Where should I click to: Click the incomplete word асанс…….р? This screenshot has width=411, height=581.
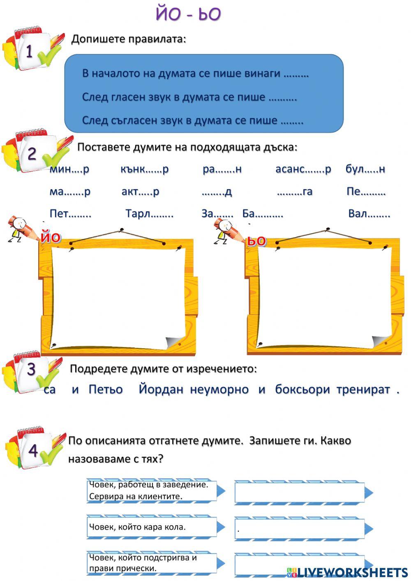[x=303, y=169]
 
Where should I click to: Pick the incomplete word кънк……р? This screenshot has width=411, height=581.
[x=144, y=169]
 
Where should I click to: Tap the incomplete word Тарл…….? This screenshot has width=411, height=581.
[x=149, y=214]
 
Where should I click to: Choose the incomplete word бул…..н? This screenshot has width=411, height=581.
[x=365, y=169]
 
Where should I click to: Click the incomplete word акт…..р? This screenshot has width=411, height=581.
[x=140, y=192]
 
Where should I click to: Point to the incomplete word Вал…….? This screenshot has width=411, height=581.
[x=369, y=214]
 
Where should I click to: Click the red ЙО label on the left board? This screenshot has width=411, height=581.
[x=51, y=237]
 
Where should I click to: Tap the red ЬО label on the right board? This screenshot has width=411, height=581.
[x=256, y=241]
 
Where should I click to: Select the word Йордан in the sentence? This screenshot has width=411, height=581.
[x=161, y=389]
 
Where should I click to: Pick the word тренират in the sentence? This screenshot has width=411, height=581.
[x=363, y=389]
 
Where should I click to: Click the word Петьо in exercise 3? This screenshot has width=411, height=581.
[x=106, y=389]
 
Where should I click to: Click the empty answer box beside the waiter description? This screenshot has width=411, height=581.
[x=300, y=492]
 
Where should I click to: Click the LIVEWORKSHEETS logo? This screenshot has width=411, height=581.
[x=347, y=572]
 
